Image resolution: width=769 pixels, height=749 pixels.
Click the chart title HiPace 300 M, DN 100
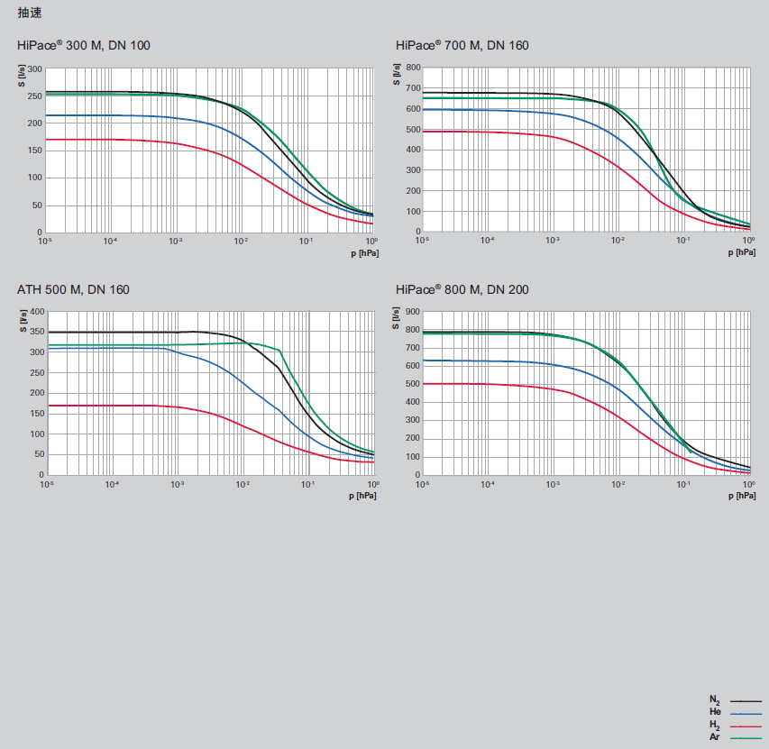click(x=84, y=46)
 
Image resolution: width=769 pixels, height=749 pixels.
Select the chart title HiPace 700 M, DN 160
click(x=462, y=46)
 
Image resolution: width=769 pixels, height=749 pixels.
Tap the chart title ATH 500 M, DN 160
click(x=73, y=289)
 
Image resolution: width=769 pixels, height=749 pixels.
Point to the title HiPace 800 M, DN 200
click(x=462, y=289)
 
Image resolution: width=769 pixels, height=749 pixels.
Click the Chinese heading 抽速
click(x=30, y=13)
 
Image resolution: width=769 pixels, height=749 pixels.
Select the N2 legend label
click(x=715, y=700)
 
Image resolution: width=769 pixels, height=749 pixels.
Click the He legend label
click(x=715, y=712)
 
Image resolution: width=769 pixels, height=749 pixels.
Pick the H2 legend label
click(x=715, y=726)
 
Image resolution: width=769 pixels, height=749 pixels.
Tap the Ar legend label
click(x=715, y=737)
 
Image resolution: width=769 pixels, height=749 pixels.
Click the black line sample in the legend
click(x=746, y=700)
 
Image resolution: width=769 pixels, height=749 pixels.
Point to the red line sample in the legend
click(x=746, y=726)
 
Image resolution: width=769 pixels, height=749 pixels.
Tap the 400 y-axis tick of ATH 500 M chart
click(x=36, y=311)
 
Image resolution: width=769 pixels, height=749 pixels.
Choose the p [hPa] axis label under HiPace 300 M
click(x=363, y=253)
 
